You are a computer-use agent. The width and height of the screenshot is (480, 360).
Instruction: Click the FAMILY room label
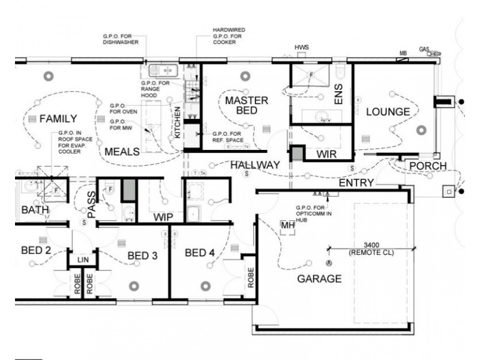pyautogui.click(x=58, y=119)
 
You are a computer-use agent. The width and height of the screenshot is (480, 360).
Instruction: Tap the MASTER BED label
pyautogui.click(x=242, y=106)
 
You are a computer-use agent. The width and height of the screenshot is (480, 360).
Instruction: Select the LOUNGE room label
pyautogui.click(x=388, y=112)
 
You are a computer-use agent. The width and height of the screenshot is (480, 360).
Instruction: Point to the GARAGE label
pyautogui.click(x=319, y=278)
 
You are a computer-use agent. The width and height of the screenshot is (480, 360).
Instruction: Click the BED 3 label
pyautogui.click(x=142, y=256)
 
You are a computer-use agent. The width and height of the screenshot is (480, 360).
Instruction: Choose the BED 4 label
pyautogui.click(x=200, y=253)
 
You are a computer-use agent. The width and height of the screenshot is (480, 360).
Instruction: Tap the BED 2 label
pyautogui.click(x=35, y=250)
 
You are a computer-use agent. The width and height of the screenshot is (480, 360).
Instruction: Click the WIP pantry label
pyautogui.click(x=163, y=217)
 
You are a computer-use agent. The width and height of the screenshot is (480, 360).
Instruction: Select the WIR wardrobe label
pyautogui.click(x=326, y=154)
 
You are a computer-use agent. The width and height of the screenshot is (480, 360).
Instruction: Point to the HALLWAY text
pyautogui.click(x=255, y=164)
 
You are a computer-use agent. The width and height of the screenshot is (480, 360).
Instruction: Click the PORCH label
pyautogui.click(x=428, y=166)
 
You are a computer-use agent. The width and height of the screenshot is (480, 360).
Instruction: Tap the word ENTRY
pyautogui.click(x=356, y=182)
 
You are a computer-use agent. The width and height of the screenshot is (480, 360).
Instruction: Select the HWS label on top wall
pyautogui.click(x=301, y=47)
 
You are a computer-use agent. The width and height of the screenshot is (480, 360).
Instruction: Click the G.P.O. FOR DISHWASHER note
pyautogui.click(x=121, y=40)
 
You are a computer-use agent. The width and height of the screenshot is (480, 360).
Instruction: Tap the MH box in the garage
pyautogui.click(x=287, y=225)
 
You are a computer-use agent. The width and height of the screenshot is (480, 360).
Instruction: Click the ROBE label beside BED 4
pyautogui.click(x=250, y=277)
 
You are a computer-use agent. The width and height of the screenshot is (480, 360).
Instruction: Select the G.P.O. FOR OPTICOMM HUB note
pyautogui.click(x=310, y=213)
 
